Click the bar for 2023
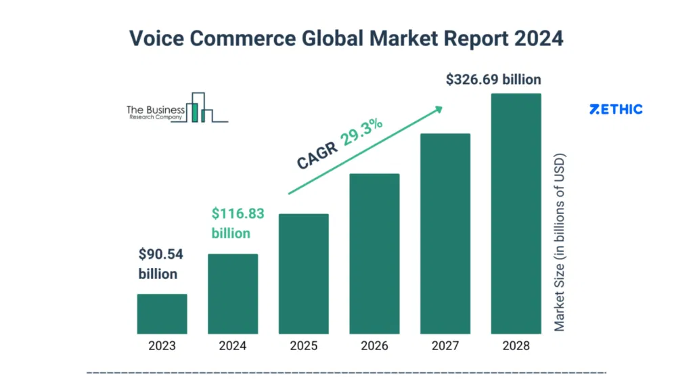[x=162, y=314]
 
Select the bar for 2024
[x=233, y=294]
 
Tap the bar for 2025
[x=304, y=274]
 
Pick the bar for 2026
[x=374, y=254]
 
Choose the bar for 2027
[x=445, y=234]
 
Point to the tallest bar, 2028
[x=516, y=214]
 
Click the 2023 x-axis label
[x=162, y=346]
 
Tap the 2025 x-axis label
[x=304, y=346]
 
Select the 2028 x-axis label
[x=516, y=346]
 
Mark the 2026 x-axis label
[x=374, y=346]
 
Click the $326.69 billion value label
[x=493, y=79]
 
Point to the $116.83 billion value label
[x=238, y=223]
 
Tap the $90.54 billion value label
[x=160, y=264]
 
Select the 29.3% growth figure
[x=362, y=133]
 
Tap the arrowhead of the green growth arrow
[x=438, y=108]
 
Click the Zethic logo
[x=616, y=109]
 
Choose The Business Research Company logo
[x=177, y=110]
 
